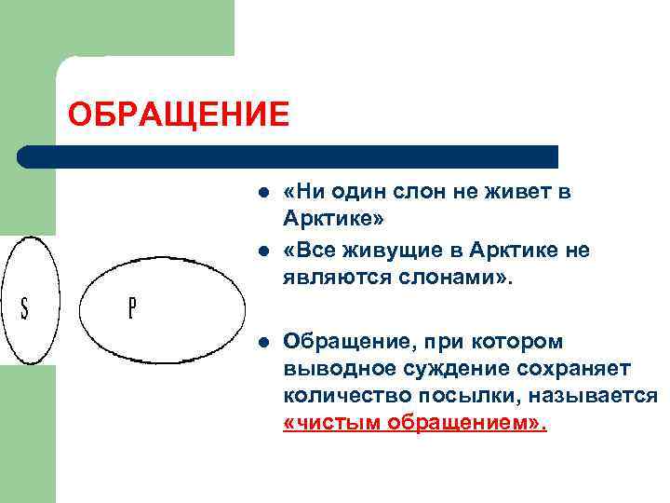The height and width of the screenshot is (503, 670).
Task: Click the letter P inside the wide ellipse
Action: coord(131,308)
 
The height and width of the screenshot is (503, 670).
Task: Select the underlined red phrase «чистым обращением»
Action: coord(415,422)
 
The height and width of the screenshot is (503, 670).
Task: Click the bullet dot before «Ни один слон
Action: coord(264,193)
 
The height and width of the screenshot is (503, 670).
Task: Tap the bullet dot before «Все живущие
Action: coord(264,251)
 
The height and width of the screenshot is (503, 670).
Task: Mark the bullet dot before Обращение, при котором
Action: coord(264,342)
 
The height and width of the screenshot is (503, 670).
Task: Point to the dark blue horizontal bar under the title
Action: coord(288,156)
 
